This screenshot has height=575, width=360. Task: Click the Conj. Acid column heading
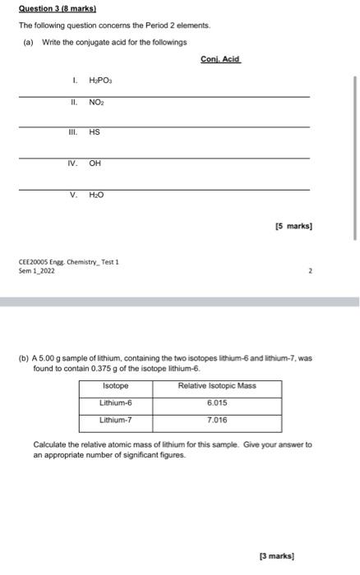219,58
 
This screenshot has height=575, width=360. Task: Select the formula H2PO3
99,82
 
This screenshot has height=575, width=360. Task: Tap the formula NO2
96,103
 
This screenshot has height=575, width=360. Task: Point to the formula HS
94,131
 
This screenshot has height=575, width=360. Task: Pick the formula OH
95,163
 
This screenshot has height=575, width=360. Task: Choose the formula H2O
96,195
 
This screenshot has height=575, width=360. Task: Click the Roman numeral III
74,131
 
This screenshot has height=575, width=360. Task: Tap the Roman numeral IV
73,163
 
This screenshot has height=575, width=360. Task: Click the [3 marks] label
276,556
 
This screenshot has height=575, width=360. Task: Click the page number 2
310,269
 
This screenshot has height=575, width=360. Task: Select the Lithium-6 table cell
115,402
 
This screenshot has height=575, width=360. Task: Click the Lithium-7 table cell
115,420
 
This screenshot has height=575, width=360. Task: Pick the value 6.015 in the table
217,402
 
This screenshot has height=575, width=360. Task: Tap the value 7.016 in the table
217,420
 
